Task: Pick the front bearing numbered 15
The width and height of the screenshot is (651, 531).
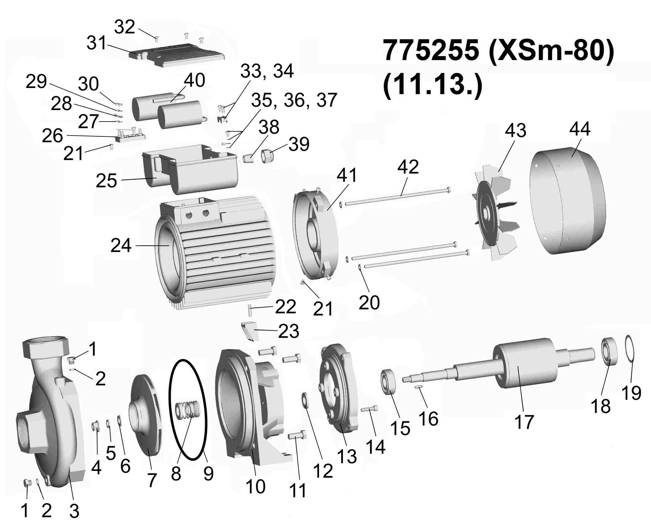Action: (x=388, y=382)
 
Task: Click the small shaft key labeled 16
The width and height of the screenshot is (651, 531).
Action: (x=418, y=387)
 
